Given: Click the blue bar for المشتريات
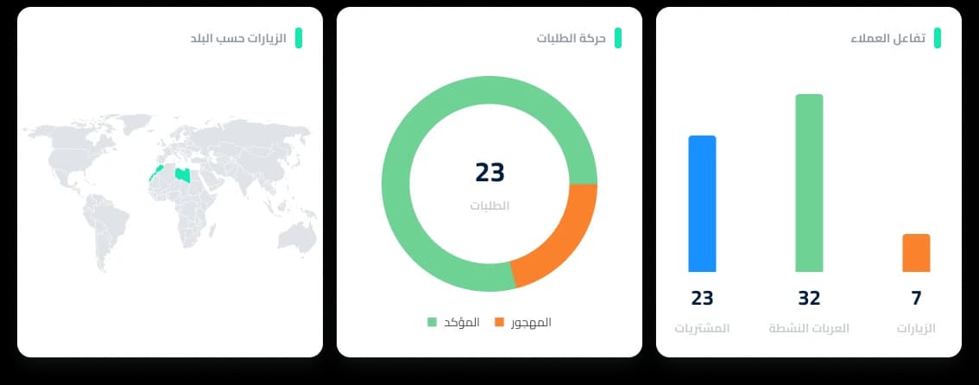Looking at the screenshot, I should click(702, 204).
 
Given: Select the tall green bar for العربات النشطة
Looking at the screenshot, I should click(809, 183).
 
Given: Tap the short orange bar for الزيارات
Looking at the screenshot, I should click(916, 253).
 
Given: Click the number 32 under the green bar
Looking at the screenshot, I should click(809, 299).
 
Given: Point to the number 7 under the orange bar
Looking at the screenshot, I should click(916, 299).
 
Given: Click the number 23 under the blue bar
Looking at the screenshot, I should click(702, 299).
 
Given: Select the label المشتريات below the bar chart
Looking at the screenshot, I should click(702, 329).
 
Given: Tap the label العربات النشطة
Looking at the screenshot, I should click(809, 329).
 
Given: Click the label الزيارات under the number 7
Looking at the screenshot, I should click(916, 329).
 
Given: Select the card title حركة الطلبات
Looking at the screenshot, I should click(572, 39).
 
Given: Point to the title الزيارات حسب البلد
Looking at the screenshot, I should click(237, 39).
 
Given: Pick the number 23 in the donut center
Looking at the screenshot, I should click(489, 173).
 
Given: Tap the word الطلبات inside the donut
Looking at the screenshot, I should click(489, 206).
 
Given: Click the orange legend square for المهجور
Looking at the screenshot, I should click(499, 322).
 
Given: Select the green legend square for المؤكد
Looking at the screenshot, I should click(433, 322).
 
